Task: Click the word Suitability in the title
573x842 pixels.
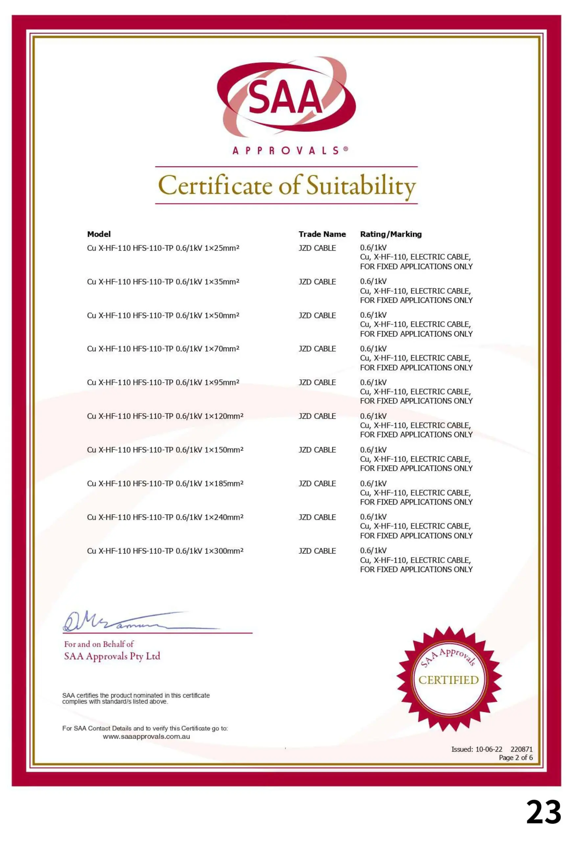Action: pyautogui.click(x=361, y=186)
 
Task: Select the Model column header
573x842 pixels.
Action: pyautogui.click(x=99, y=234)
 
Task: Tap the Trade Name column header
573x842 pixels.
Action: pyautogui.click(x=322, y=234)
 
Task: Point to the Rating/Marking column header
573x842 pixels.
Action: pyautogui.click(x=391, y=234)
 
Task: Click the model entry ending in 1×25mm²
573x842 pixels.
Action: pyautogui.click(x=163, y=248)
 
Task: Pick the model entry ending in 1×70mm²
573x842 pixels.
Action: pyautogui.click(x=163, y=349)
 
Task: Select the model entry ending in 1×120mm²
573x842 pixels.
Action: pyautogui.click(x=165, y=416)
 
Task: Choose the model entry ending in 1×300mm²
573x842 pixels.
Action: pyautogui.click(x=165, y=551)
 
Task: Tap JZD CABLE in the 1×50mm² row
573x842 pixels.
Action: pyautogui.click(x=317, y=315)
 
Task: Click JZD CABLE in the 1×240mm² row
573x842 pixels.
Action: pyautogui.click(x=317, y=517)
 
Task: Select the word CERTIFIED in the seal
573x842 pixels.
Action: pyautogui.click(x=448, y=680)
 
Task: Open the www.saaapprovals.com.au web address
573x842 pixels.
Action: pyautogui.click(x=146, y=736)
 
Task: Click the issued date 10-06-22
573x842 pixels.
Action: pyautogui.click(x=489, y=749)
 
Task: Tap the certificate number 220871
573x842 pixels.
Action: pyautogui.click(x=522, y=749)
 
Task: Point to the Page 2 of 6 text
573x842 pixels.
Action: pyautogui.click(x=516, y=757)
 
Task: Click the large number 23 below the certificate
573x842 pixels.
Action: pyautogui.click(x=543, y=812)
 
